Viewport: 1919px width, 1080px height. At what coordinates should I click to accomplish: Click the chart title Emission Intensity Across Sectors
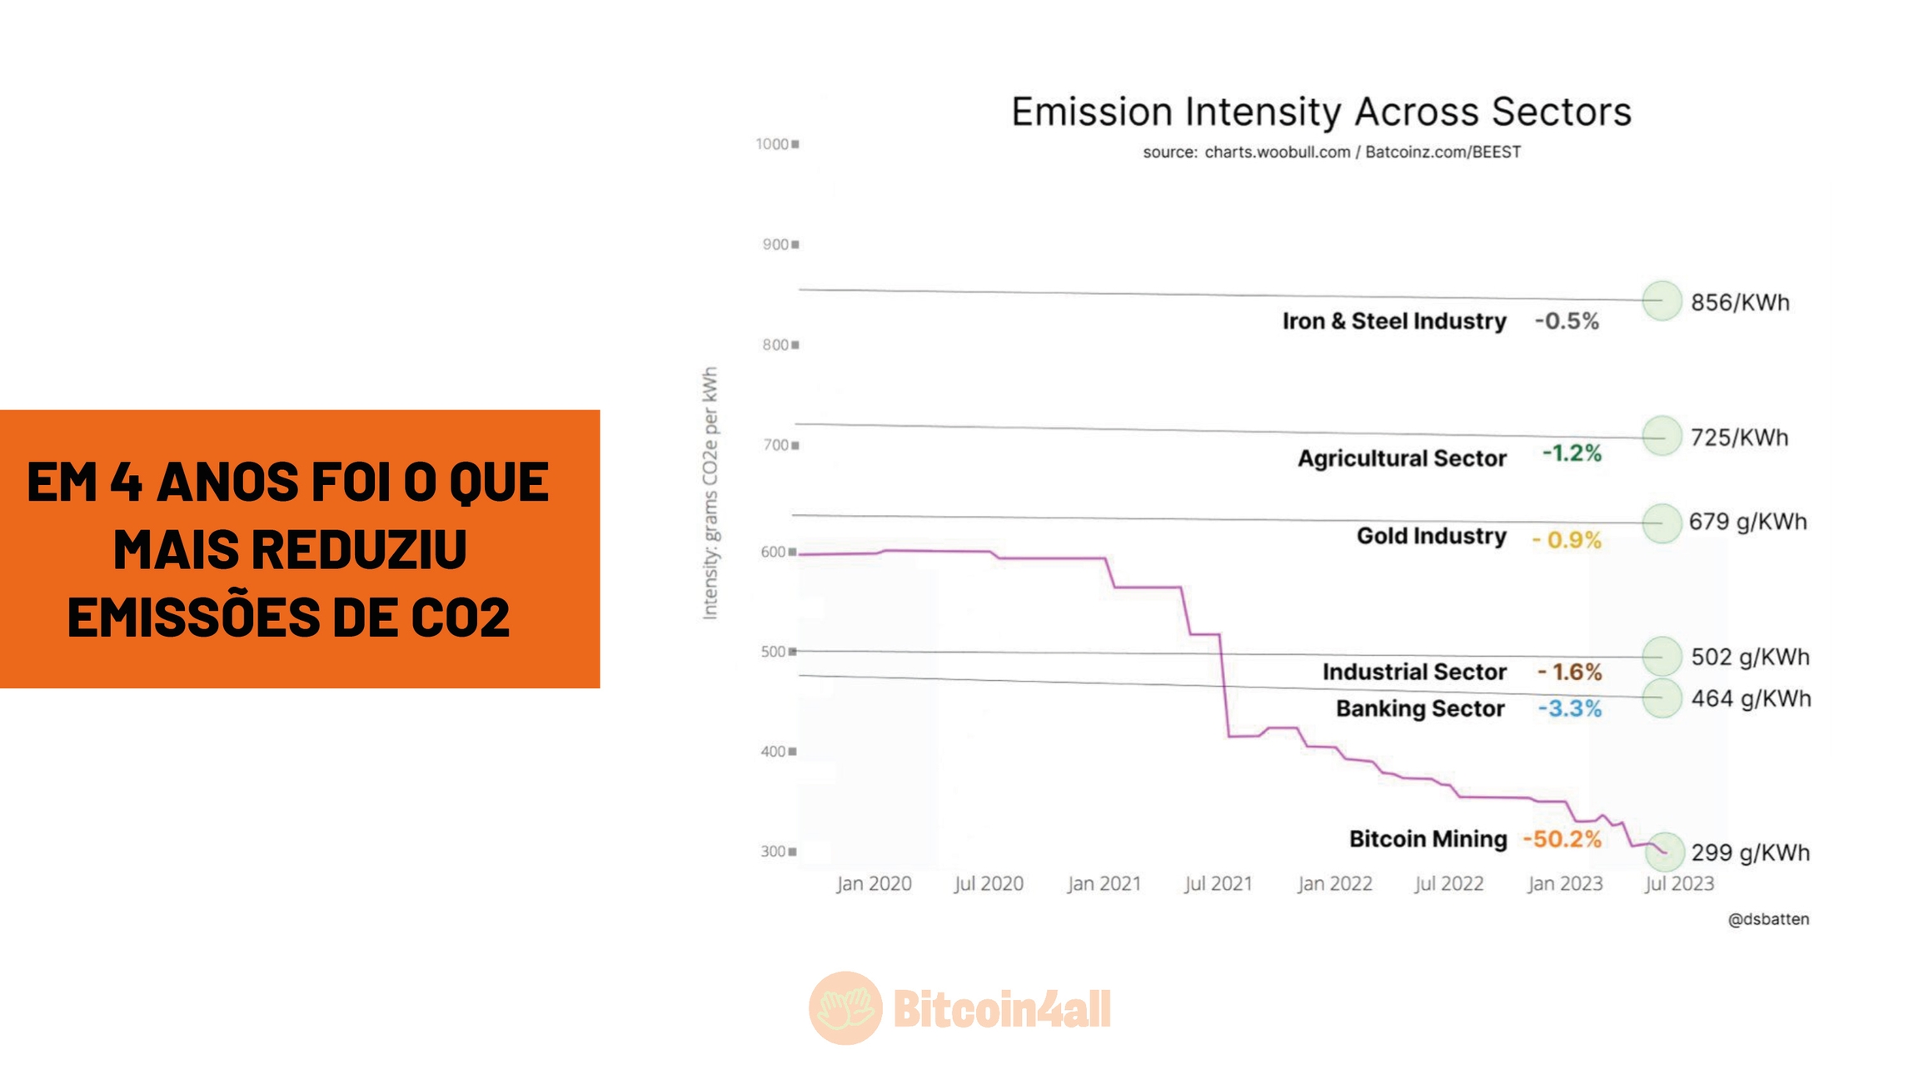(x=1320, y=112)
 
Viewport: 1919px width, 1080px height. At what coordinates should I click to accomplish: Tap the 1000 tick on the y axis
(x=772, y=144)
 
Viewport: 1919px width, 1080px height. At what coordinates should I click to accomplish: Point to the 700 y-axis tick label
(x=775, y=445)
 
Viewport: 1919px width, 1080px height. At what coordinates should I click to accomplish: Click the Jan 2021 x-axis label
(x=1104, y=883)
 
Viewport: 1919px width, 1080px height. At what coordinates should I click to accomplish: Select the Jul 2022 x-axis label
(x=1448, y=883)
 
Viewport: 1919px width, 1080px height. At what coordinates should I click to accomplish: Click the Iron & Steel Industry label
(x=1393, y=321)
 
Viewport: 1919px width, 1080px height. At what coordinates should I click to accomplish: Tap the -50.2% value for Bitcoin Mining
(x=1562, y=838)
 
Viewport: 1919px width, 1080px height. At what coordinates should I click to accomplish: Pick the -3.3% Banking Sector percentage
(x=1569, y=708)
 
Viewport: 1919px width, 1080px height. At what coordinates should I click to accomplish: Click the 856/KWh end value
(x=1739, y=302)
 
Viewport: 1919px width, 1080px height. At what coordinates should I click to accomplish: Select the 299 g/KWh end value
(x=1750, y=852)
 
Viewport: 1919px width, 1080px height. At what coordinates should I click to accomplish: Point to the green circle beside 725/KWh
(x=1662, y=436)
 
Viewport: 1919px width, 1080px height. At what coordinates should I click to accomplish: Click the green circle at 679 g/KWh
(x=1662, y=523)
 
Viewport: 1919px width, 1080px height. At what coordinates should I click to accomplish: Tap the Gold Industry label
(x=1431, y=536)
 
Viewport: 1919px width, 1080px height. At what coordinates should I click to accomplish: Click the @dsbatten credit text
(x=1767, y=919)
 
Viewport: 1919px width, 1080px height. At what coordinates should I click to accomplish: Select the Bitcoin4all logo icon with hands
(x=845, y=1008)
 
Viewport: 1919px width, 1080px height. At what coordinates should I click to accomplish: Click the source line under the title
(x=1331, y=152)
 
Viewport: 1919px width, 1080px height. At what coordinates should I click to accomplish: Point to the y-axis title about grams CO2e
(x=710, y=493)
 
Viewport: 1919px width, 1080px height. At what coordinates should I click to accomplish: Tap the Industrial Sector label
(x=1413, y=672)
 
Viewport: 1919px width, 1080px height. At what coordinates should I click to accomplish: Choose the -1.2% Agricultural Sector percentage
(x=1572, y=453)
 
